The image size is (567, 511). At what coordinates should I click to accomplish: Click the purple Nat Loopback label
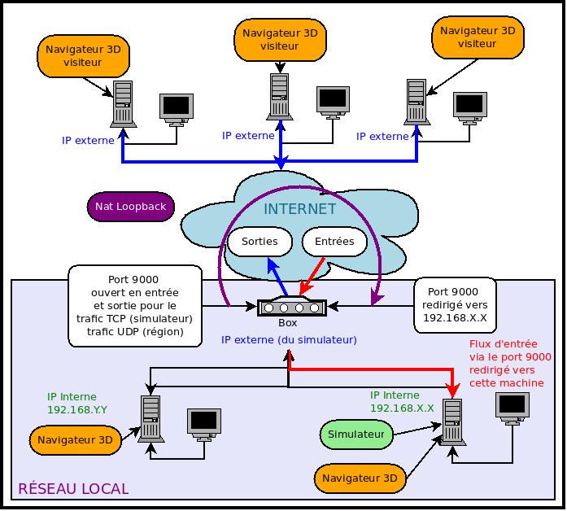tap(131, 207)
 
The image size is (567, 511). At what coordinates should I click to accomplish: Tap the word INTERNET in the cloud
tap(300, 209)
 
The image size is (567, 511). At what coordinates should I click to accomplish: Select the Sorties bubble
tap(260, 242)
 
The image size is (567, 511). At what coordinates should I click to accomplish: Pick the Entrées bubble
tap(334, 242)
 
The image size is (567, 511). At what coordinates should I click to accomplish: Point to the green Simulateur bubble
tap(356, 435)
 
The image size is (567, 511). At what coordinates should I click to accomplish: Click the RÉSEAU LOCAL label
tap(73, 488)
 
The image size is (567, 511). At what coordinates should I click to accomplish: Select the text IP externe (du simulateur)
tap(289, 340)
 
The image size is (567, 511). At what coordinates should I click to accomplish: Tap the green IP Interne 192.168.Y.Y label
tap(77, 404)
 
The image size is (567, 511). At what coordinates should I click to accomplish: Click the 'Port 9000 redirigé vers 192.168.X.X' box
tap(455, 305)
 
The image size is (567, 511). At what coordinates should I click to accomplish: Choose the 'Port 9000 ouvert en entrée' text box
tap(135, 306)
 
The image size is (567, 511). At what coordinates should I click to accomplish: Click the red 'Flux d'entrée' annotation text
tap(510, 364)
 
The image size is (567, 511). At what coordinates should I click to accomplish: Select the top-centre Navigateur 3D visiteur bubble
tap(280, 40)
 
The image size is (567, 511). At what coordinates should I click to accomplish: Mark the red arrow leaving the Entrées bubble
tap(312, 277)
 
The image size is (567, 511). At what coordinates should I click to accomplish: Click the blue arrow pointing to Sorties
tap(277, 277)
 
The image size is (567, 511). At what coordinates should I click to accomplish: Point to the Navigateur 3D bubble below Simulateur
tap(360, 478)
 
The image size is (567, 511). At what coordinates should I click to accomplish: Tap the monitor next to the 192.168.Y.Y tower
tap(204, 425)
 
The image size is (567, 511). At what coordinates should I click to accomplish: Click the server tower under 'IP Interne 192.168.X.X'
tap(452, 422)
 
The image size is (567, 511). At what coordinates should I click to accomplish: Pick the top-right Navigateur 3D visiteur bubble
tap(478, 37)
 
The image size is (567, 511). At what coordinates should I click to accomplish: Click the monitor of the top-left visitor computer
tap(177, 110)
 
